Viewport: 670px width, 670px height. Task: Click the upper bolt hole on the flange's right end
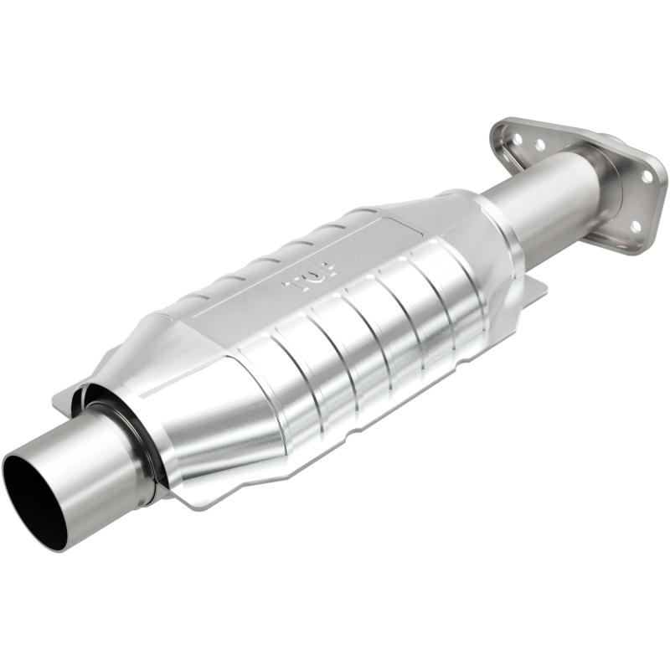(647, 177)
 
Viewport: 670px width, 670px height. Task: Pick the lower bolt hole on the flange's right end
(634, 226)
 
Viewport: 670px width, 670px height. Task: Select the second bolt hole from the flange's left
(540, 145)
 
